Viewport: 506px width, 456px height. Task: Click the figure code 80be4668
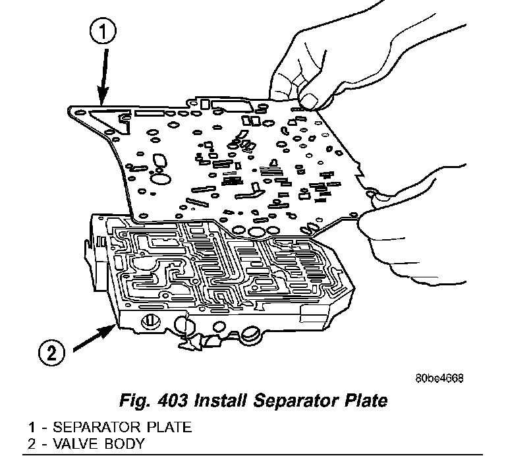point(439,378)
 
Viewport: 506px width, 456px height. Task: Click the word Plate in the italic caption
point(364,400)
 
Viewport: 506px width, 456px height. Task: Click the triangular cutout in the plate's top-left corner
point(106,119)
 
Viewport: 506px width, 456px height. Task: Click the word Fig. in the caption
point(130,400)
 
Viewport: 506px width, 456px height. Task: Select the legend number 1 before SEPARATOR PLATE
point(30,427)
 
